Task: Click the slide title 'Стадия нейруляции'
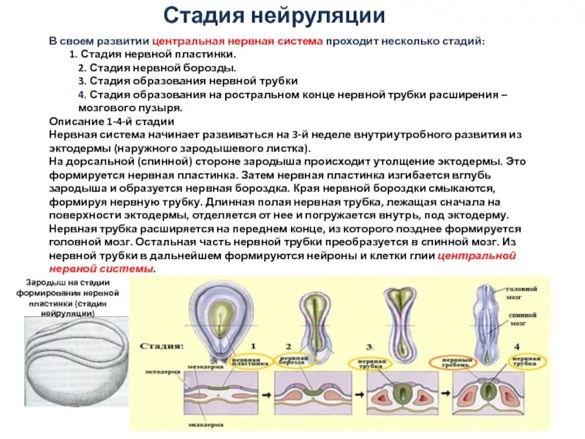tap(273, 15)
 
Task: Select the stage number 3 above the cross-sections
tap(369, 345)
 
